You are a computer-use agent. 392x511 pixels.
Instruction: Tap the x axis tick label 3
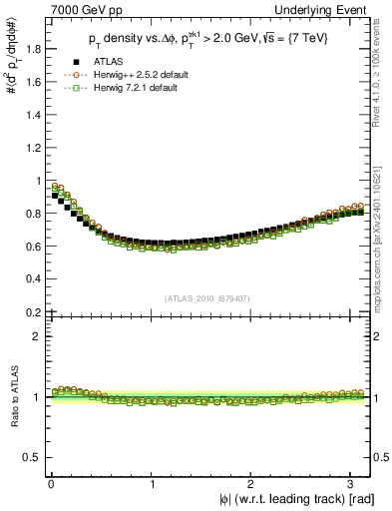click(352, 482)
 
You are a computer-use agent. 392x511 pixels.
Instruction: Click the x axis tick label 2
click(253, 482)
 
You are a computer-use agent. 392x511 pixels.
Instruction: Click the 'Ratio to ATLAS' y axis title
click(12, 397)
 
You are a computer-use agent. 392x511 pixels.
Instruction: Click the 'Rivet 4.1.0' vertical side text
click(382, 70)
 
